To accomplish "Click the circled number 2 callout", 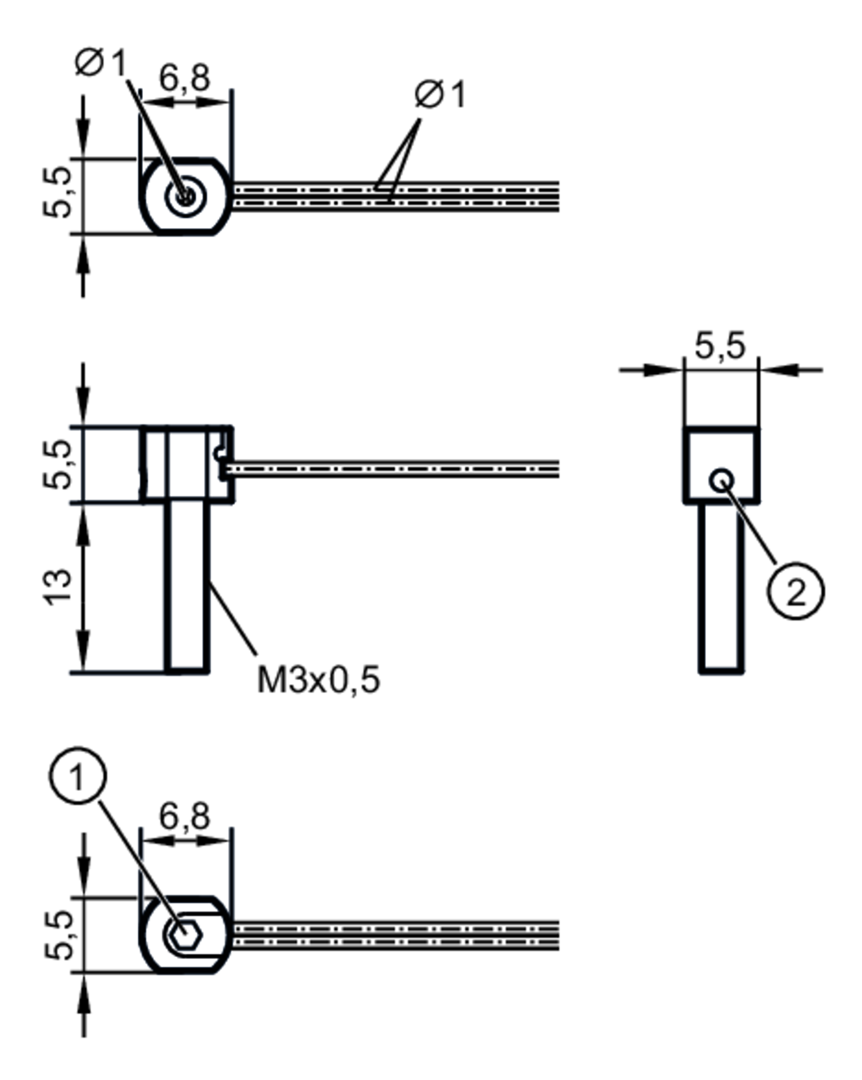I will [x=795, y=592].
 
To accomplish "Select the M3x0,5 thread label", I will [x=319, y=680].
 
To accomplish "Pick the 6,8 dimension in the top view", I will [x=184, y=78].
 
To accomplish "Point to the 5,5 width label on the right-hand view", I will [x=720, y=346].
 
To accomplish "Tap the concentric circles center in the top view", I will [x=185, y=196].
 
